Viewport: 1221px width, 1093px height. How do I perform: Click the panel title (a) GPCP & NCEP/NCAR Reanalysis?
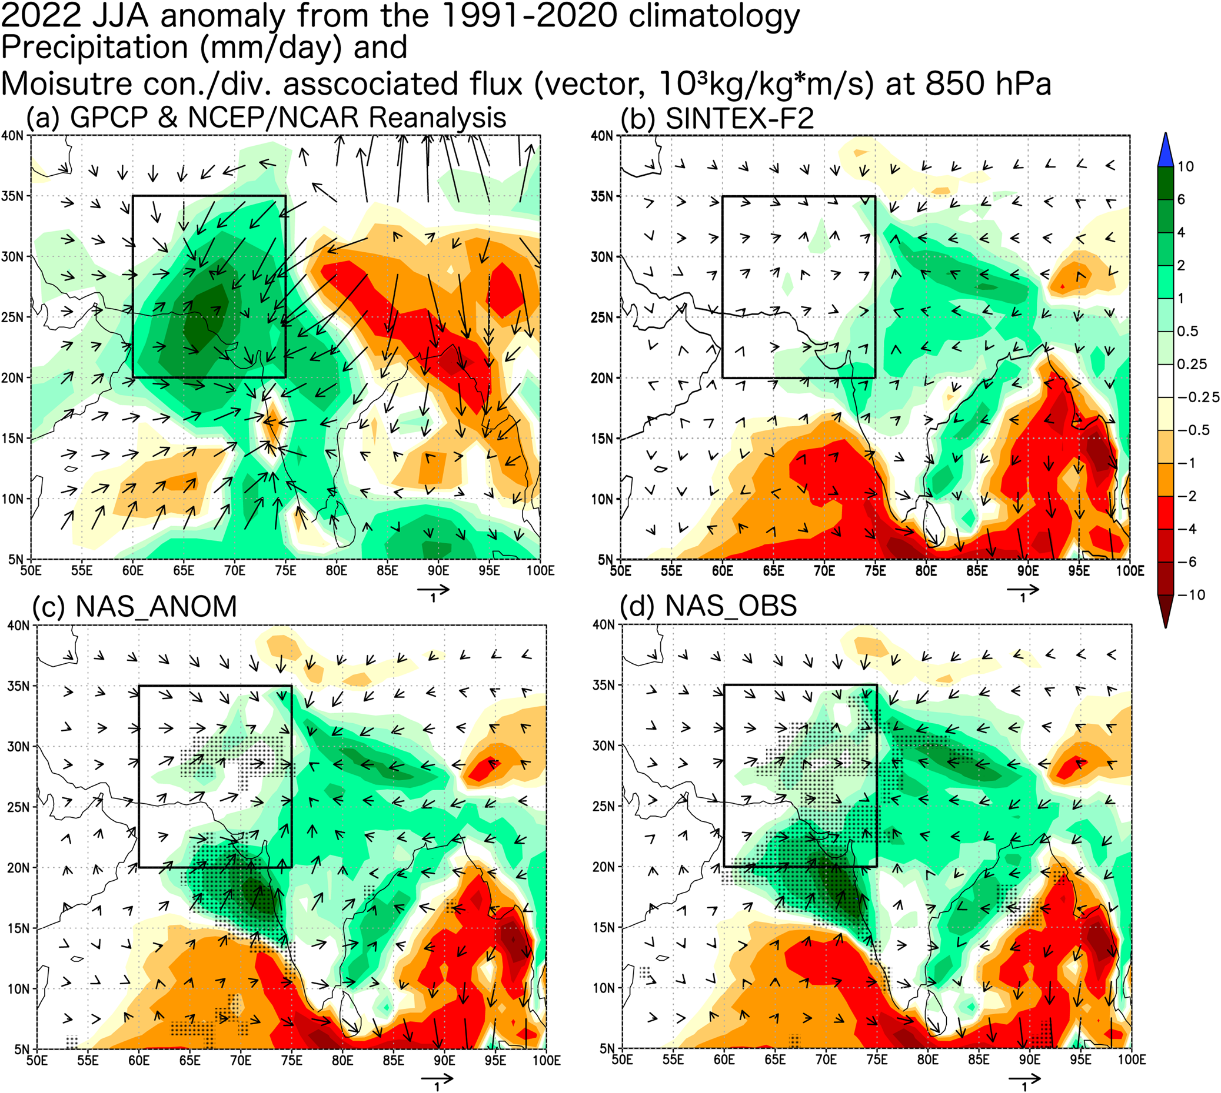click(266, 117)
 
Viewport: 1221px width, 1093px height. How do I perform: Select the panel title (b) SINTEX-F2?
click(717, 118)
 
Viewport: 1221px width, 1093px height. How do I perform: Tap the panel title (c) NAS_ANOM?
click(135, 606)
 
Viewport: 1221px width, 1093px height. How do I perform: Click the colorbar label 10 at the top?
click(1186, 166)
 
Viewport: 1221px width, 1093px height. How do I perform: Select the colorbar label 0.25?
click(1192, 364)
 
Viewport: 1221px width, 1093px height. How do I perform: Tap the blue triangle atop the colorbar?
click(1166, 150)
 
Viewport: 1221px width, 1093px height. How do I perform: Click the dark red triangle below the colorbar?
click(1166, 611)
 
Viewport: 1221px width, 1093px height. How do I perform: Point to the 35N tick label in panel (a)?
click(12, 196)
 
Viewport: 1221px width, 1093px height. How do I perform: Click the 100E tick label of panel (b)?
click(1130, 570)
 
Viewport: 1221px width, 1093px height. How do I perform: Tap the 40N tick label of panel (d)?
click(603, 624)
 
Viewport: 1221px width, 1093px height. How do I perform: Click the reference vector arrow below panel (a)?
click(433, 589)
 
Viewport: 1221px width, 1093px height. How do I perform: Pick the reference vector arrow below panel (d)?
click(1024, 1078)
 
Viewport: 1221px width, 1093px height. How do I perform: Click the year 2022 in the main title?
click(41, 16)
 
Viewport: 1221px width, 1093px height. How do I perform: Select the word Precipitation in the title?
click(94, 48)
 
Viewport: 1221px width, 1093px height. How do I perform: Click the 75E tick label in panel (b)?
click(875, 570)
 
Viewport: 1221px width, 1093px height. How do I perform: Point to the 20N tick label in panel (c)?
click(19, 868)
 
